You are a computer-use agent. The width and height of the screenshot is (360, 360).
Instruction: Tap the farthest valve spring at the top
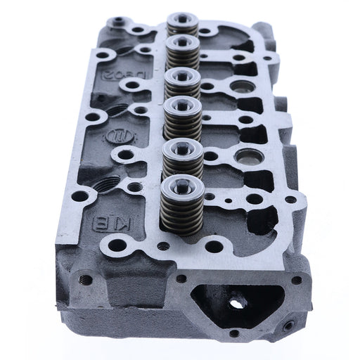coord(182,25)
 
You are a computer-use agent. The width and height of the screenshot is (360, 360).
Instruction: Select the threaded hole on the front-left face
coord(86,280)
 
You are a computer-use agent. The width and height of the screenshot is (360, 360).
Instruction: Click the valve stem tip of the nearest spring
coord(181,184)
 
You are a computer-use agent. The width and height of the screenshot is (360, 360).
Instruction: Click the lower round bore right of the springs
coord(246,155)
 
